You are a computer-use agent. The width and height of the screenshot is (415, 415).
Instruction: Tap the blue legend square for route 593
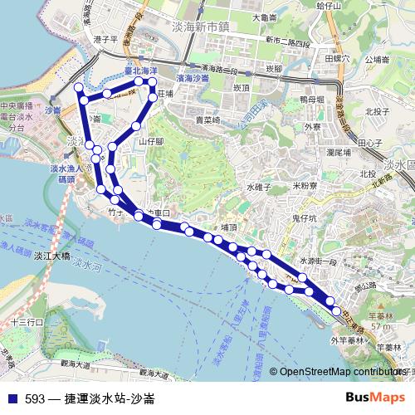(x=13, y=398)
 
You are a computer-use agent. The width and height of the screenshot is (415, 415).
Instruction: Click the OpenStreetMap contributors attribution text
(x=340, y=373)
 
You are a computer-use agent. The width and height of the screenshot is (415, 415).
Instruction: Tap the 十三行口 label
(x=26, y=321)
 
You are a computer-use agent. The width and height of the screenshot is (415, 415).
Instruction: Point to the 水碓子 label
(x=259, y=188)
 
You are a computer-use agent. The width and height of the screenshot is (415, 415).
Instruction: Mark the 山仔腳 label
(x=152, y=142)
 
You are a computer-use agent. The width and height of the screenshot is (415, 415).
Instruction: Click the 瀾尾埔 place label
(x=341, y=152)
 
